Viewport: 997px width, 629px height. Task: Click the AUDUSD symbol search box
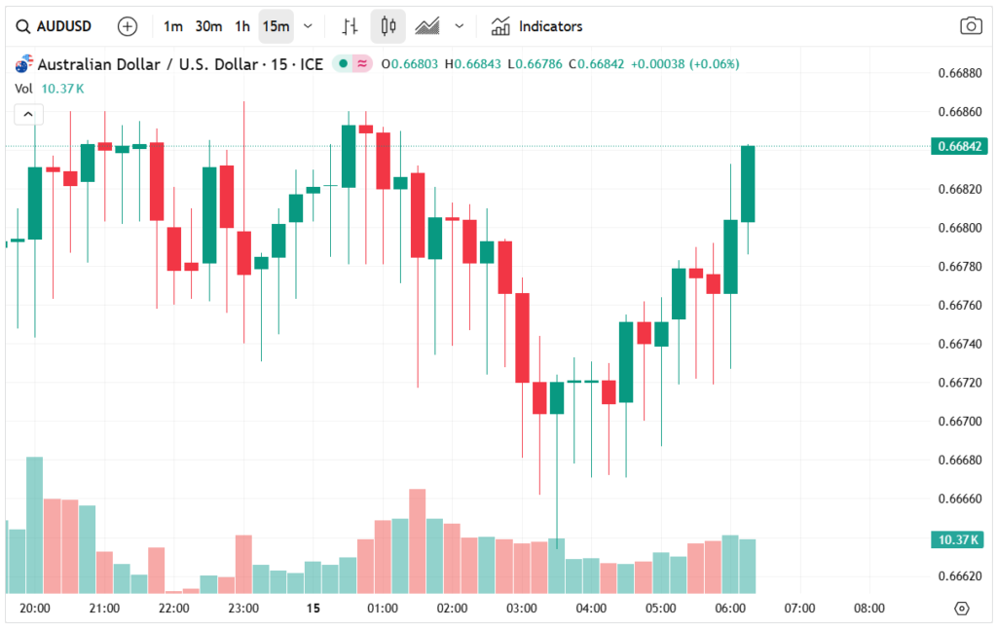pos(55,26)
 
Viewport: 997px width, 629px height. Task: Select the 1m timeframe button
pos(172,26)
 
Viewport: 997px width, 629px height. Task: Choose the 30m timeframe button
pos(208,26)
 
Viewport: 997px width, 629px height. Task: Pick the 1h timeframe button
pos(242,26)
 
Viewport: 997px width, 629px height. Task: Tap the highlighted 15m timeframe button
pos(276,26)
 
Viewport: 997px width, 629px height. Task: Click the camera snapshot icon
pos(970,26)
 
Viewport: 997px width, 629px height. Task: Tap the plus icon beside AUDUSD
pos(128,26)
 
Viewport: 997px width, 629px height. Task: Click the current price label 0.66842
pos(961,147)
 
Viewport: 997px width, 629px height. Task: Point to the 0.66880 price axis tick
pos(958,73)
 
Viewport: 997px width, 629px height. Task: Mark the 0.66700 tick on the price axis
pos(958,422)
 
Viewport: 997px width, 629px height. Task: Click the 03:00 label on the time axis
pos(522,609)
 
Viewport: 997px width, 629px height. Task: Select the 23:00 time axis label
pos(243,609)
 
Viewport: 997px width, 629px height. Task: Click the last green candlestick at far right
pos(748,184)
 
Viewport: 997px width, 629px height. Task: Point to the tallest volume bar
pos(34,524)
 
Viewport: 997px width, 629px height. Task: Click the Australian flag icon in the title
pos(23,64)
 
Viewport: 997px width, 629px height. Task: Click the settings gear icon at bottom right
pos(962,609)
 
